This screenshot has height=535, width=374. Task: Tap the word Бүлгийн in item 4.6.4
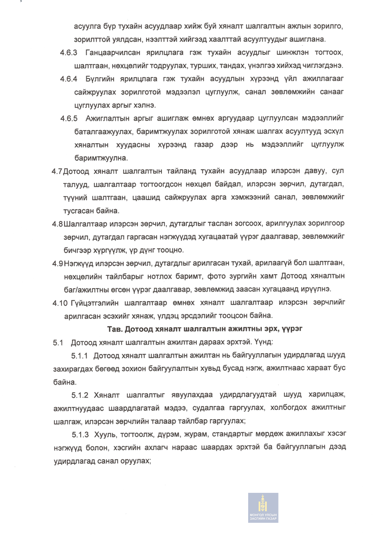(x=101, y=79)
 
